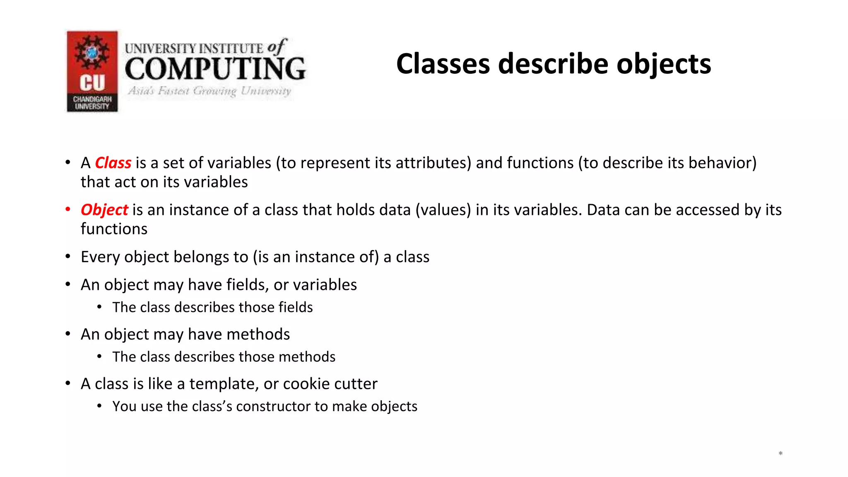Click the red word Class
113,163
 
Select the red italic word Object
104,210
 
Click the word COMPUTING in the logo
215,69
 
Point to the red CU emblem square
92,62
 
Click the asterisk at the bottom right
780,454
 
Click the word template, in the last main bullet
224,384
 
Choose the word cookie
301,384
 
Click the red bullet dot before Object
68,210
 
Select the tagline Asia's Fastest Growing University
210,91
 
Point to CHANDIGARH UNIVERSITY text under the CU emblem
92,103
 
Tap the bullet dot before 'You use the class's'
99,406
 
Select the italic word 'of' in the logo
277,46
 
